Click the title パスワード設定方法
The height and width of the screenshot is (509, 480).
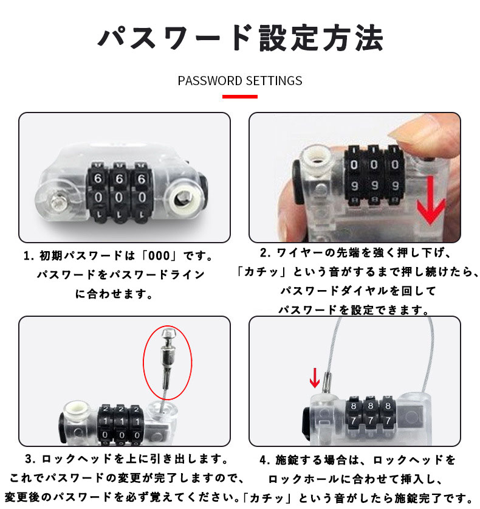[x=241, y=38]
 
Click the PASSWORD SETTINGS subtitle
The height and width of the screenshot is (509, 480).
[x=240, y=81]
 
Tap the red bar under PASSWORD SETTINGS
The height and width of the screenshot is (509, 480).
[x=240, y=97]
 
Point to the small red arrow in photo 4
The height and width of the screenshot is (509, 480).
[x=315, y=378]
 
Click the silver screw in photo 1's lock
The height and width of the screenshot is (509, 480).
[x=59, y=202]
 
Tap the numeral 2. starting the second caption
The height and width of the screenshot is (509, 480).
[x=266, y=252]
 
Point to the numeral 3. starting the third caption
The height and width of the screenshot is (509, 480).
[x=30, y=459]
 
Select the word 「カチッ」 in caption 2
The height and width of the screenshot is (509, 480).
[x=261, y=271]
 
